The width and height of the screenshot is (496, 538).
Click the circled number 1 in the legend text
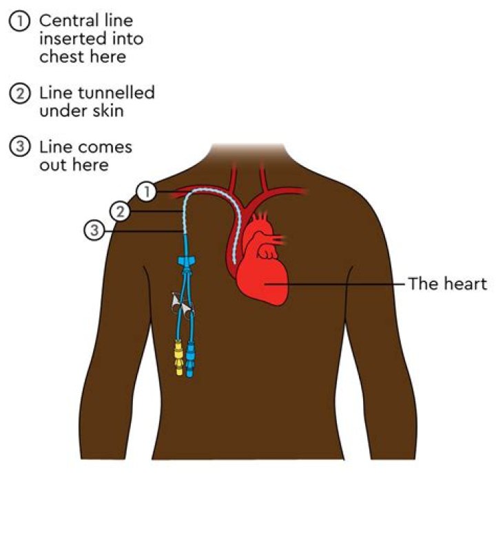click(x=20, y=21)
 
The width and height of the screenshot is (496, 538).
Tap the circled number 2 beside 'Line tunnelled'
click(x=20, y=94)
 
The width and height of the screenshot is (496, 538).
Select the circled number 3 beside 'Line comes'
click(x=20, y=147)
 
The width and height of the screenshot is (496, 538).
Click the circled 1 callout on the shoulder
click(x=147, y=191)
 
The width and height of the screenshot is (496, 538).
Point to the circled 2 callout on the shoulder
click(x=120, y=211)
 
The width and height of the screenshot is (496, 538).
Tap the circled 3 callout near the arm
click(x=94, y=230)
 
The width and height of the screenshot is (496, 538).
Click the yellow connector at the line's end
click(x=178, y=358)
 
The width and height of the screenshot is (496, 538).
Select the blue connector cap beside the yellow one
click(x=189, y=359)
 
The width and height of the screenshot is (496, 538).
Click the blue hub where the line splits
click(x=187, y=261)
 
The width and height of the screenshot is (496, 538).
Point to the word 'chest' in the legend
click(x=61, y=56)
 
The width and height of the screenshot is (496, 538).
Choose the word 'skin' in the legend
click(x=108, y=111)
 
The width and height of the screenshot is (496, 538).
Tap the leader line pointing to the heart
click(x=334, y=284)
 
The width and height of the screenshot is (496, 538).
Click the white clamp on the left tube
click(x=176, y=302)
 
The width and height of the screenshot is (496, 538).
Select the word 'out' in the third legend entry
click(x=52, y=165)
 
